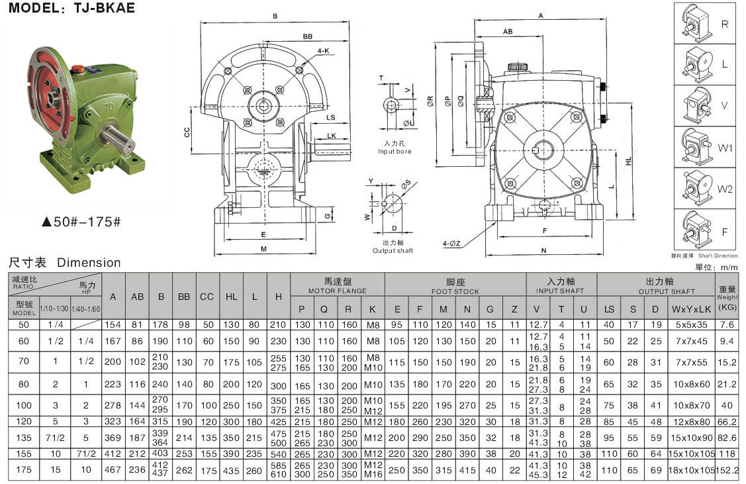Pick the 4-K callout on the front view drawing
[x=323, y=50]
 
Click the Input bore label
[x=395, y=152]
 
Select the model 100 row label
[x=24, y=405]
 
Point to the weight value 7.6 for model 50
[x=727, y=324]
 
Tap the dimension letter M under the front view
[x=263, y=250]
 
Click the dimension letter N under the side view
[x=543, y=251]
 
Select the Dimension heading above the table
[x=89, y=263]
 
